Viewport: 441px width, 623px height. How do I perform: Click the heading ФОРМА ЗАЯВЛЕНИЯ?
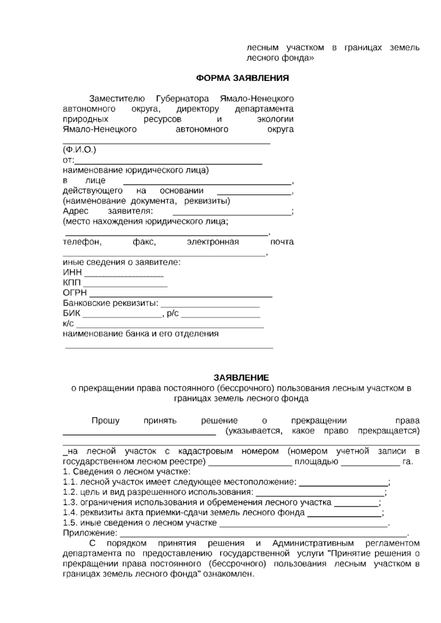(x=242, y=78)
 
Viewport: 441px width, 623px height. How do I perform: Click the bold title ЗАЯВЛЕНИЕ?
(x=241, y=378)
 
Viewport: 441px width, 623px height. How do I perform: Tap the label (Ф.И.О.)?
(x=79, y=150)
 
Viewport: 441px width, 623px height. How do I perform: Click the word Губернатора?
(x=182, y=99)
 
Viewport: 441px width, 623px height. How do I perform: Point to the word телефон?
(x=82, y=242)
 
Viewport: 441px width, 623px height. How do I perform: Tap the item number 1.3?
(x=70, y=503)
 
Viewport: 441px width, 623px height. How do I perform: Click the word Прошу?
(x=105, y=421)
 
